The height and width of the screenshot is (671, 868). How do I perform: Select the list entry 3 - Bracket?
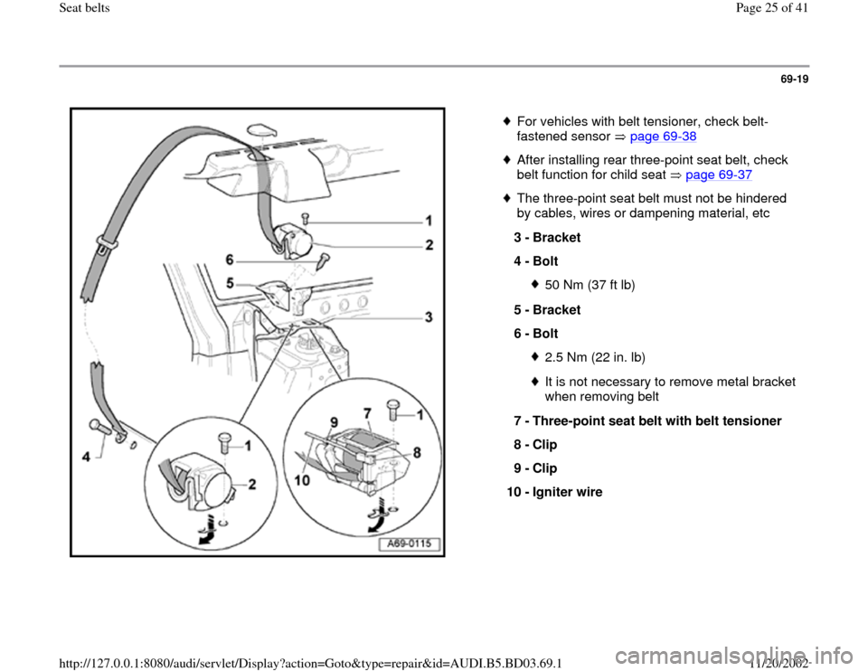546,238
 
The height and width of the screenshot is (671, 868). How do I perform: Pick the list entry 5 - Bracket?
546,308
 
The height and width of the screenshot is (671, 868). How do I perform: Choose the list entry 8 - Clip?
535,445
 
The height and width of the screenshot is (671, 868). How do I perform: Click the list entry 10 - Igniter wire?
556,492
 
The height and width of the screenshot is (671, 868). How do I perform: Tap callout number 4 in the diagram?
87,458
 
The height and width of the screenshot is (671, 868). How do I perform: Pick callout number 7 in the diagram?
368,412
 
